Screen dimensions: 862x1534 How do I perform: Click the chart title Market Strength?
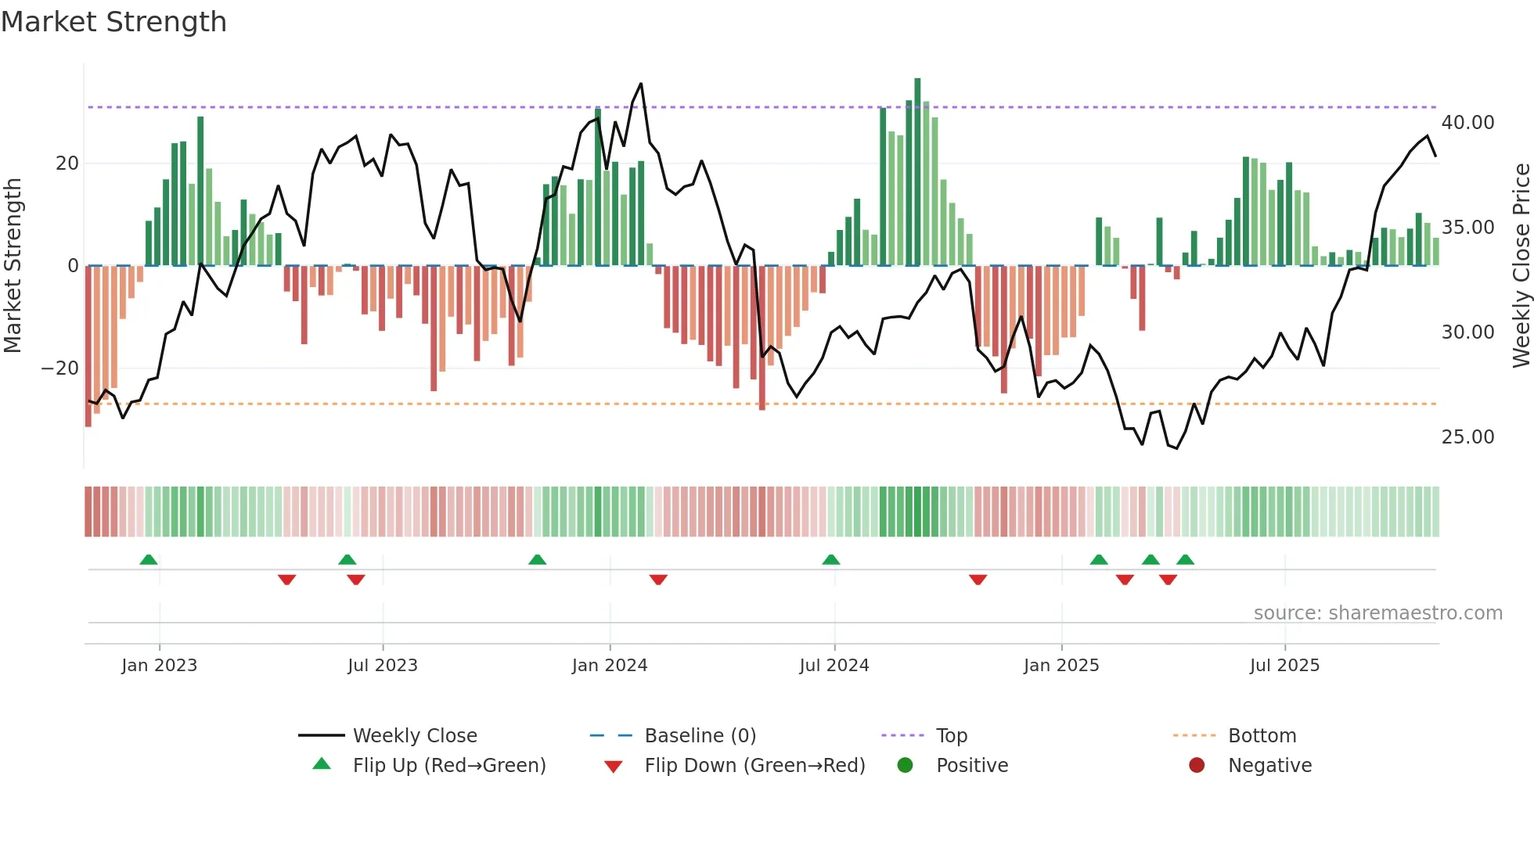[113, 22]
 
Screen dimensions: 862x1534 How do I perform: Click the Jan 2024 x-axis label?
[610, 666]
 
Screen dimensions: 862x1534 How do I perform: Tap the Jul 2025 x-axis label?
[1284, 666]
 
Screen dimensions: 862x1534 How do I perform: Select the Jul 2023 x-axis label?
[383, 666]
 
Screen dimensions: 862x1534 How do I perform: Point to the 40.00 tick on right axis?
[1467, 123]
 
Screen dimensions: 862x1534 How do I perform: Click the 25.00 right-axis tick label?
[1467, 437]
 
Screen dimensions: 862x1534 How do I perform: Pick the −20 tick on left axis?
[60, 368]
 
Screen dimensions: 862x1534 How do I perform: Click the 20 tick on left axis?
[67, 163]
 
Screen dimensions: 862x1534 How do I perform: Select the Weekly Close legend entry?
[414, 736]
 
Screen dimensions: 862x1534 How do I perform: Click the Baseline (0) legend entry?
[700, 736]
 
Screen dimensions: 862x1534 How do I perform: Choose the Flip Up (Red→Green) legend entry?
[448, 766]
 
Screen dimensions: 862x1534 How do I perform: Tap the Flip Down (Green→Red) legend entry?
[754, 766]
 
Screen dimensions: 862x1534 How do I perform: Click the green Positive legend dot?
[906, 766]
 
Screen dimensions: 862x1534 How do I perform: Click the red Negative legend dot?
[1197, 766]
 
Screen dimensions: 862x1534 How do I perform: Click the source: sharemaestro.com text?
[1377, 613]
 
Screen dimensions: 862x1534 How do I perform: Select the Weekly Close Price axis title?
[1521, 266]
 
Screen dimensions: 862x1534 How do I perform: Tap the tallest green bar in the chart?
[917, 172]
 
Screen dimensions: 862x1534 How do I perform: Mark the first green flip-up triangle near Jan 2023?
[149, 559]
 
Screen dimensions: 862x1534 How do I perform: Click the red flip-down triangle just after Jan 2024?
[658, 580]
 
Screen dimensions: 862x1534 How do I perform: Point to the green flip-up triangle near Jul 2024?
[831, 559]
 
